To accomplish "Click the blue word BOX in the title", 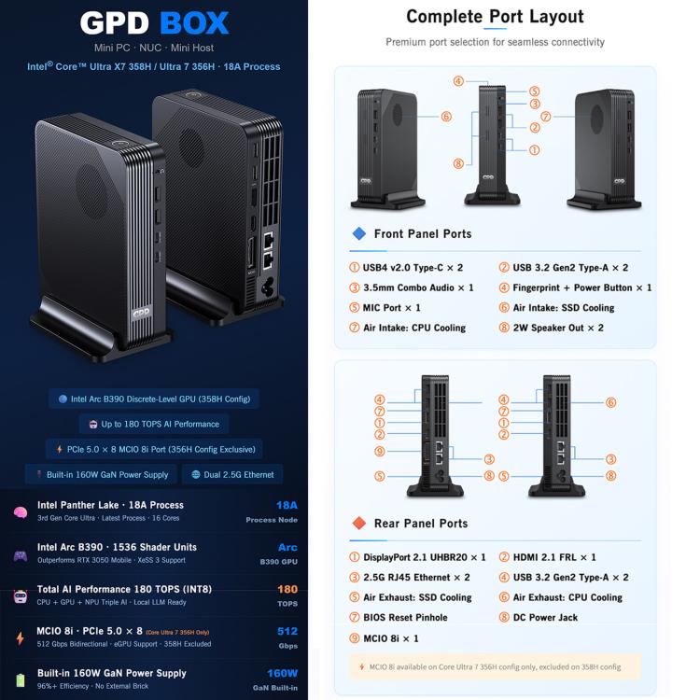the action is [x=194, y=22].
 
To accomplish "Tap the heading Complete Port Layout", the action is [x=495, y=17].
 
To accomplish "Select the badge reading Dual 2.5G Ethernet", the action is [x=232, y=474].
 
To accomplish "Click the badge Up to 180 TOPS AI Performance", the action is [x=154, y=424].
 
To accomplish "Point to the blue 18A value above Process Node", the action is [x=287, y=505].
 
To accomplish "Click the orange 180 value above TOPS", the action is [x=287, y=589].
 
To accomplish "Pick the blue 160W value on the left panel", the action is [x=282, y=673].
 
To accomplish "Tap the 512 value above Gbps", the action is [x=287, y=631].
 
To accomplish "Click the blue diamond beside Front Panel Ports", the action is [x=359, y=233].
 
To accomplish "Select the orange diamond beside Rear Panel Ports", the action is [x=359, y=523].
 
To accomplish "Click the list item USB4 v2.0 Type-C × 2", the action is [x=406, y=268].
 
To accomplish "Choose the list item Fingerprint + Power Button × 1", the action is [x=575, y=287].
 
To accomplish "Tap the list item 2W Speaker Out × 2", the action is [x=551, y=328].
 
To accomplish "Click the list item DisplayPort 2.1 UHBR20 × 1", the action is [x=417, y=557].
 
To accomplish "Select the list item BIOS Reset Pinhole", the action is [x=399, y=618].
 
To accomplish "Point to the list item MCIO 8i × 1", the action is [x=384, y=638].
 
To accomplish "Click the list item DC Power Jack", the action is [x=538, y=618].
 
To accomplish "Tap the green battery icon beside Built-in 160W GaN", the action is [x=21, y=679].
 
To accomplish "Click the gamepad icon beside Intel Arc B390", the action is [x=21, y=556].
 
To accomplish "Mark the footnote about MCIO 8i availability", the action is [x=495, y=667].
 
